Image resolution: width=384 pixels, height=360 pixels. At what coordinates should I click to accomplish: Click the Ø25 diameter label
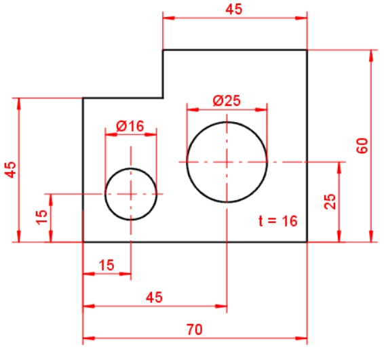pos(227,100)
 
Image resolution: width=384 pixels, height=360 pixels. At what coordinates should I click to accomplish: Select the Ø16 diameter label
pos(130,126)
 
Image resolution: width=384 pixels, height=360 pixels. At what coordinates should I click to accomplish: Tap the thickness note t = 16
pos(278,221)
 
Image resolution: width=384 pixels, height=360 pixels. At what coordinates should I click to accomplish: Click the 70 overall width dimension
pos(195,329)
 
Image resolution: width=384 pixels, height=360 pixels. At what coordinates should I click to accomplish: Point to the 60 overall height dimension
pos(362,146)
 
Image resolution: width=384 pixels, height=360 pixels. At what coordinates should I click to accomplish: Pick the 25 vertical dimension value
pos(330,201)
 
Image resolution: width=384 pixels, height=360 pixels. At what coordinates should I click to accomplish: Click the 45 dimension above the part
pos(234,9)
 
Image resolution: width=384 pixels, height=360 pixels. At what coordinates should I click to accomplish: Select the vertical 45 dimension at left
pos(10,169)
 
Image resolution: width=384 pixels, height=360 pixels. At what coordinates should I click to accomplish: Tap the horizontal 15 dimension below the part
pos(107,265)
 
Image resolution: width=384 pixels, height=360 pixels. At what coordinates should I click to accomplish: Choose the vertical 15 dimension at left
pos(41,217)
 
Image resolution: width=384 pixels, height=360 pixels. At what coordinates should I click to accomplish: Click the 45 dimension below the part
pos(154,298)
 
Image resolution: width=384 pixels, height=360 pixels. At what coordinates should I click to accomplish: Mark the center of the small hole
pos(131,195)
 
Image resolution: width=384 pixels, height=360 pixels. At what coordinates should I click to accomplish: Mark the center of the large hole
pos(227,162)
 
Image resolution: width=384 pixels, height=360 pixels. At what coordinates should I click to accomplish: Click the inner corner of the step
pos(163,98)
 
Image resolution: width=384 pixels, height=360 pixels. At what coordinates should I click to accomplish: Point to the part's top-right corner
pos(307,50)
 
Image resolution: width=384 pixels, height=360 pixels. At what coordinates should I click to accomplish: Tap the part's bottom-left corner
pos(83,242)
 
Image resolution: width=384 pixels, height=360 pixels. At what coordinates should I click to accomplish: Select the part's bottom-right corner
pos(307,242)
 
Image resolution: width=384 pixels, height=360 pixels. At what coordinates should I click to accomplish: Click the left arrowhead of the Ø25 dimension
pos(193,109)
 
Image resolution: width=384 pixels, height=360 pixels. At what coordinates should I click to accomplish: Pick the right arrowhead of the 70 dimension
pos(301,338)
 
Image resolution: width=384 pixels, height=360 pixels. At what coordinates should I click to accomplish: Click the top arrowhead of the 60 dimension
pos(371,56)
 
